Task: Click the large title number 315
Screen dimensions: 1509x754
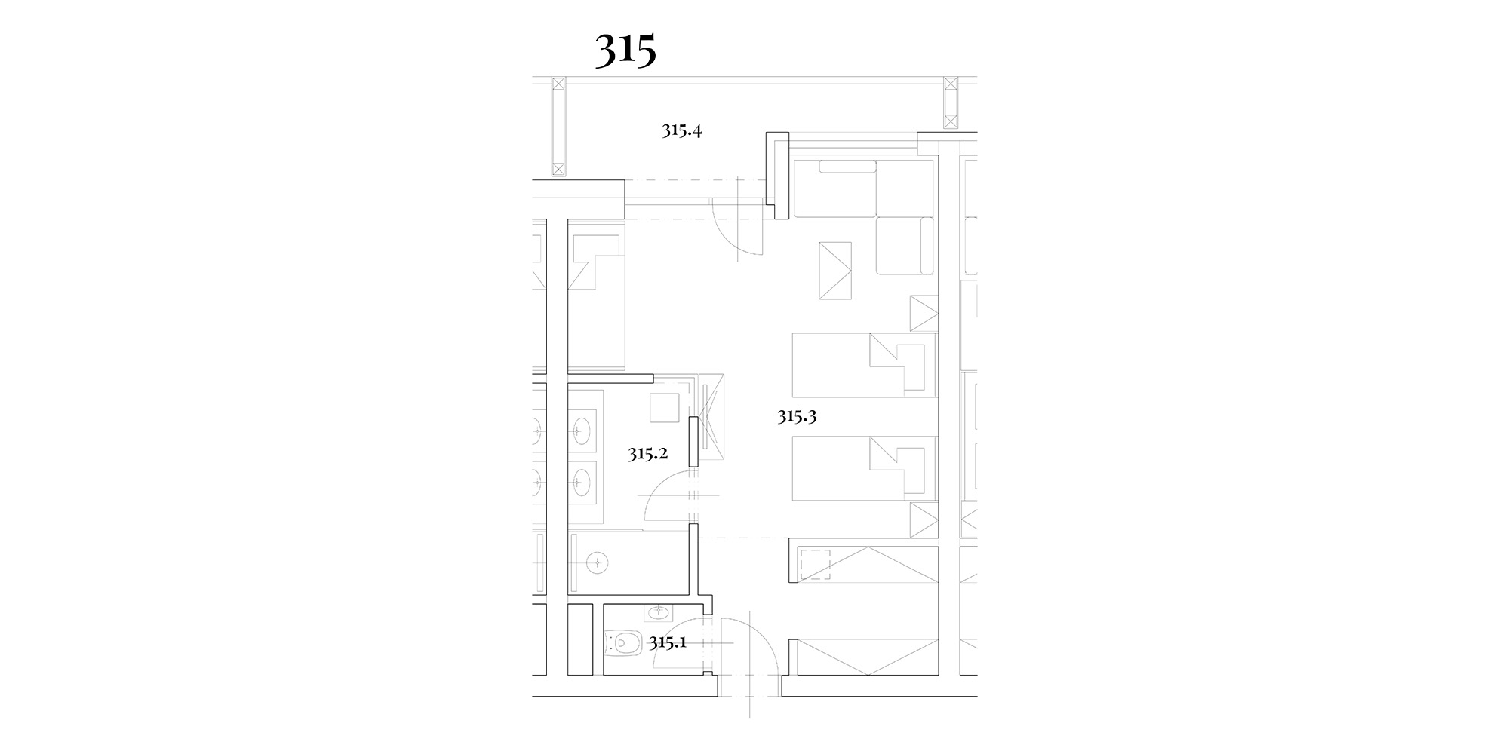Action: click(625, 51)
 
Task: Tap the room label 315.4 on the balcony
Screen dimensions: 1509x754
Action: click(682, 130)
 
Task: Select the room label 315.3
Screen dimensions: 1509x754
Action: click(798, 416)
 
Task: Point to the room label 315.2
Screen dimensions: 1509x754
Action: click(647, 454)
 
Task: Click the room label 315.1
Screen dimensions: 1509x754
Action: click(668, 643)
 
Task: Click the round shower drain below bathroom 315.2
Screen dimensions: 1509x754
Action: click(598, 562)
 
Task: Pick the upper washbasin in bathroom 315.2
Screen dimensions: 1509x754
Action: click(582, 432)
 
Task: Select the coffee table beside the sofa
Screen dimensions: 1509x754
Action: click(835, 271)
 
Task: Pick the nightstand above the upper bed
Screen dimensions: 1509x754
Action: click(924, 313)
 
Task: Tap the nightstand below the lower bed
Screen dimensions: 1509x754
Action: click(924, 520)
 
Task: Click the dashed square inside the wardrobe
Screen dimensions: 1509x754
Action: click(816, 564)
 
